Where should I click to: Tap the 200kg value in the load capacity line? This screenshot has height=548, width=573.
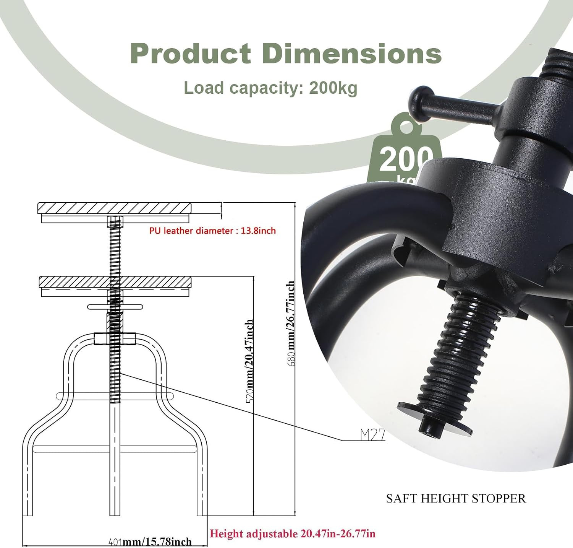(x=333, y=88)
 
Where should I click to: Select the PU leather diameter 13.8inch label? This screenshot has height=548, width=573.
(x=212, y=231)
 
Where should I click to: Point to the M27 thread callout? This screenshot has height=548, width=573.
(x=372, y=434)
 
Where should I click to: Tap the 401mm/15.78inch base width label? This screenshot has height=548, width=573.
(x=150, y=541)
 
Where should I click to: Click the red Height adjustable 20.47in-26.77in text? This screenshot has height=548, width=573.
(x=293, y=533)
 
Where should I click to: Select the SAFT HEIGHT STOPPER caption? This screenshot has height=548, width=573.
(x=456, y=499)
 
